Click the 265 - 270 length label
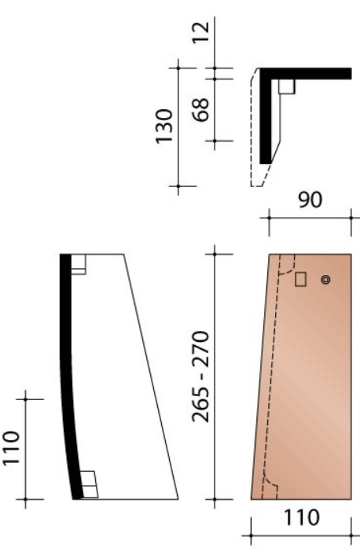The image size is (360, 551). (x=201, y=376)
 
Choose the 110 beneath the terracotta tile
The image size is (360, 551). (x=301, y=518)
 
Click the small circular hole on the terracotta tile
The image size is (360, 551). (x=326, y=279)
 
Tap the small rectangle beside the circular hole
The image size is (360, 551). (x=300, y=279)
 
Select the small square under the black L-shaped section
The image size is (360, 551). (x=286, y=86)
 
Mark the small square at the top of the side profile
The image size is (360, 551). (x=78, y=264)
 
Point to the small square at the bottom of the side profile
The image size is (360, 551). (x=88, y=484)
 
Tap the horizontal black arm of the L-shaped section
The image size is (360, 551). (x=314, y=73)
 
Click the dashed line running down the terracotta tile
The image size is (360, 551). (x=274, y=377)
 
